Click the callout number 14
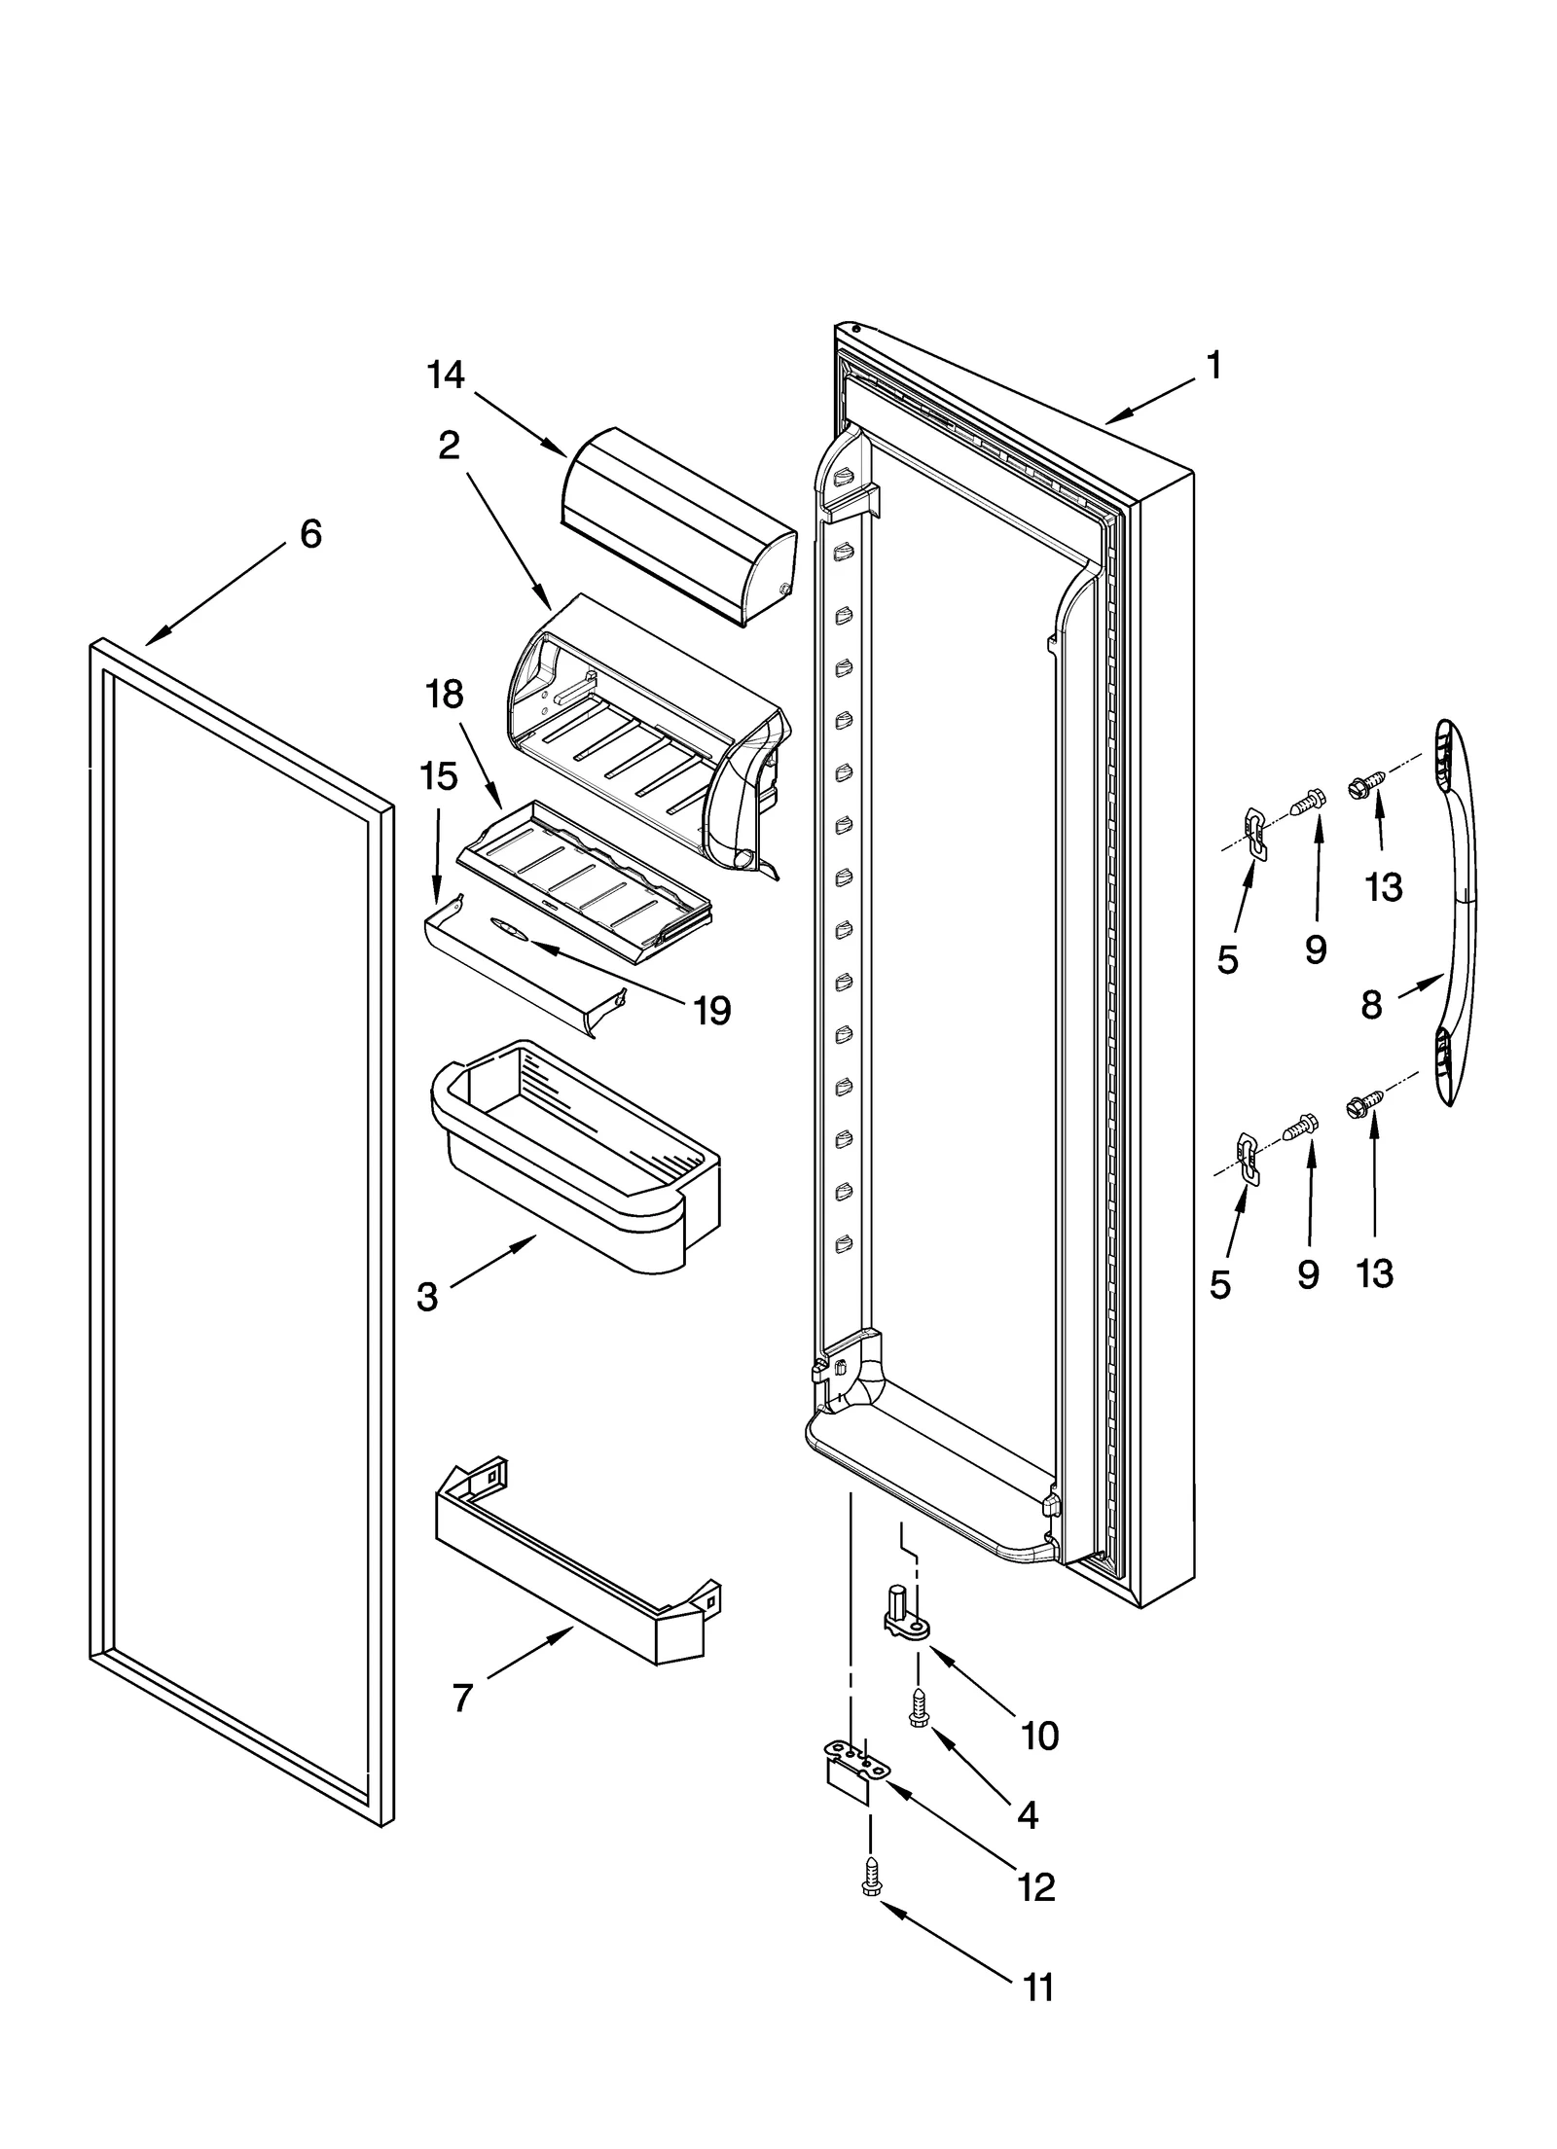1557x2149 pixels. point(446,376)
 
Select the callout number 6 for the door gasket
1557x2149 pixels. point(310,534)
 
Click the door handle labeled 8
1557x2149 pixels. point(1455,914)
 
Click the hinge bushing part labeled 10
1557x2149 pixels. point(904,1612)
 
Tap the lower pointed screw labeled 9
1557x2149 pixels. point(1299,1128)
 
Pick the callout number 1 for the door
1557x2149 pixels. point(1213,366)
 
